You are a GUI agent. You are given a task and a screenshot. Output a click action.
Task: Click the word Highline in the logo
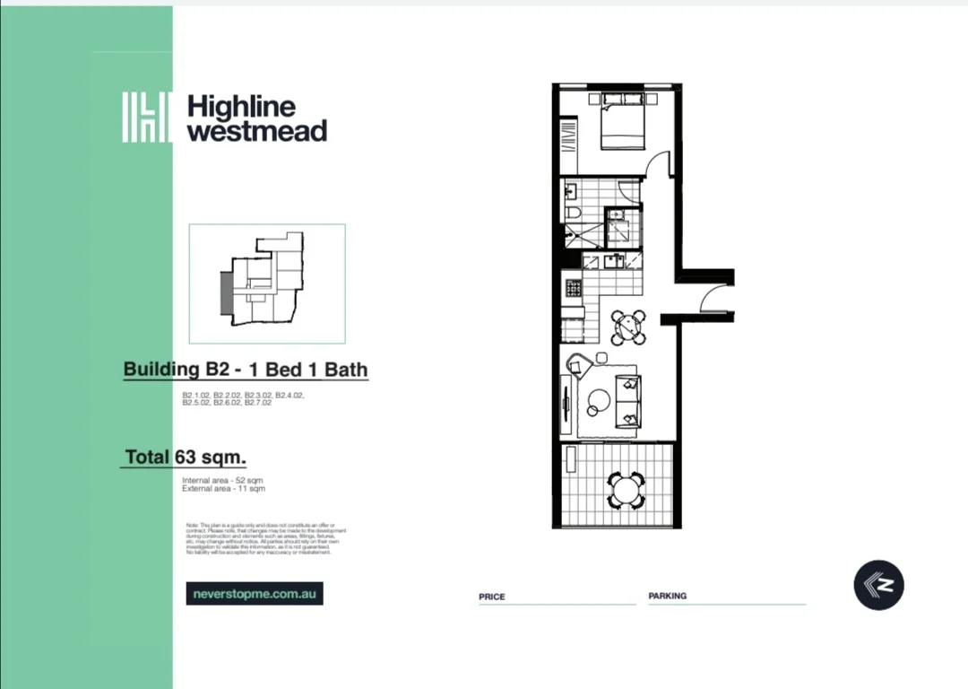[241, 107]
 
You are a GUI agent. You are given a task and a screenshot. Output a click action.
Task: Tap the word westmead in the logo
[256, 131]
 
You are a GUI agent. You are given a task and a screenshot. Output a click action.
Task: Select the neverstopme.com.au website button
[255, 593]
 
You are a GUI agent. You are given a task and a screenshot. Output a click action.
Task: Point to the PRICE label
[492, 597]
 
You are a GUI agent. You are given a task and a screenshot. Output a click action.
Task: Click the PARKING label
[668, 596]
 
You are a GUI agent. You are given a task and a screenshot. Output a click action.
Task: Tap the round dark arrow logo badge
[878, 585]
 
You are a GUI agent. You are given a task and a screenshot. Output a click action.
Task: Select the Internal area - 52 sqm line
[223, 481]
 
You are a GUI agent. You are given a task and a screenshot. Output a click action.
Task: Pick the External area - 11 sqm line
[224, 489]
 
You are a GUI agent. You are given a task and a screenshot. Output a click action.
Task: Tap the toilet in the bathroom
[573, 213]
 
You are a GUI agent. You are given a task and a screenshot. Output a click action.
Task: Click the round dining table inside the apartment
[628, 327]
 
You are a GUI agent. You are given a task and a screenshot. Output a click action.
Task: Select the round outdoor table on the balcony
[624, 490]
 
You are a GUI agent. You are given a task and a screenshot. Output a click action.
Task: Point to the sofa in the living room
[627, 400]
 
